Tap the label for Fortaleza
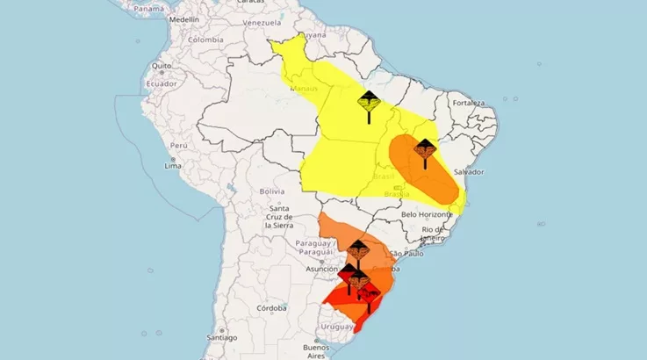(466, 103)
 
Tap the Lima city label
(173, 165)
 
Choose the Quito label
(161, 66)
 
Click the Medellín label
(183, 18)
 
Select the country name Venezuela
(262, 21)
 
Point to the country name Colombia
(205, 40)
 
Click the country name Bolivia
(271, 191)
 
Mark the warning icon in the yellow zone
(369, 102)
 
